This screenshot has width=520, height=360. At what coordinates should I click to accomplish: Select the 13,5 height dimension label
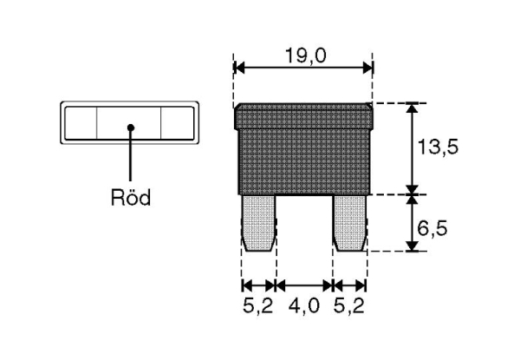coord(437,147)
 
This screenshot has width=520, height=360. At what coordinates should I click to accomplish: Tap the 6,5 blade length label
coord(437,230)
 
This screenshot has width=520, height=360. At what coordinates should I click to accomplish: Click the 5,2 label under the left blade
coord(258,306)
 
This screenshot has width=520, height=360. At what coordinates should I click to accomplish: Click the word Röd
coord(131,198)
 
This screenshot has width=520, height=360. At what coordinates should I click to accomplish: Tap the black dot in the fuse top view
coord(130,127)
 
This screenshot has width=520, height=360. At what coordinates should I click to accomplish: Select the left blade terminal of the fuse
coord(259,223)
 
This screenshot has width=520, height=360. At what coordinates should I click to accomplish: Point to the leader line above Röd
coord(130,156)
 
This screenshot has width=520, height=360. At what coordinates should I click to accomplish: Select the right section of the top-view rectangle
coord(179,123)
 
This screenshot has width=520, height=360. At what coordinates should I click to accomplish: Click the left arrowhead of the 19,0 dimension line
coord(240,68)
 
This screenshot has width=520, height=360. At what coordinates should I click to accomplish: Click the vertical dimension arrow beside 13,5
coord(413,147)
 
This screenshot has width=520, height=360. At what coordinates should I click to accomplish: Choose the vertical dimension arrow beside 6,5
coord(413,223)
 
